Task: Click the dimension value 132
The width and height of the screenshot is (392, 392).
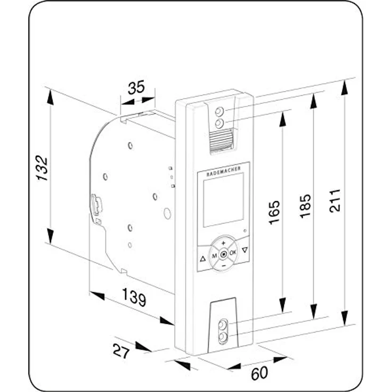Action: [x=42, y=168]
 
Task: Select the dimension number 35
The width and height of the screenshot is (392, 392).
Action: [x=136, y=87]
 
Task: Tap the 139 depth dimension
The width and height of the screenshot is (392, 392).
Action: [x=134, y=297]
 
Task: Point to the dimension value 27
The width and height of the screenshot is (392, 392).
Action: [x=121, y=351]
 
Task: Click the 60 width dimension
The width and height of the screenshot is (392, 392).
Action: [x=259, y=373]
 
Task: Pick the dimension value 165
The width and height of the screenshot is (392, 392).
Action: [x=274, y=213]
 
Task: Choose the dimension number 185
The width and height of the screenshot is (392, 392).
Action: [x=305, y=206]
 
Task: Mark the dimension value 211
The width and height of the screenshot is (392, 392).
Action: [x=335, y=201]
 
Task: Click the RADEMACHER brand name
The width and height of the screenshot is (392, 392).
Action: [x=224, y=171]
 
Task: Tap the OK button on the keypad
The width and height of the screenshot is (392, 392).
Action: [x=233, y=252]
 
